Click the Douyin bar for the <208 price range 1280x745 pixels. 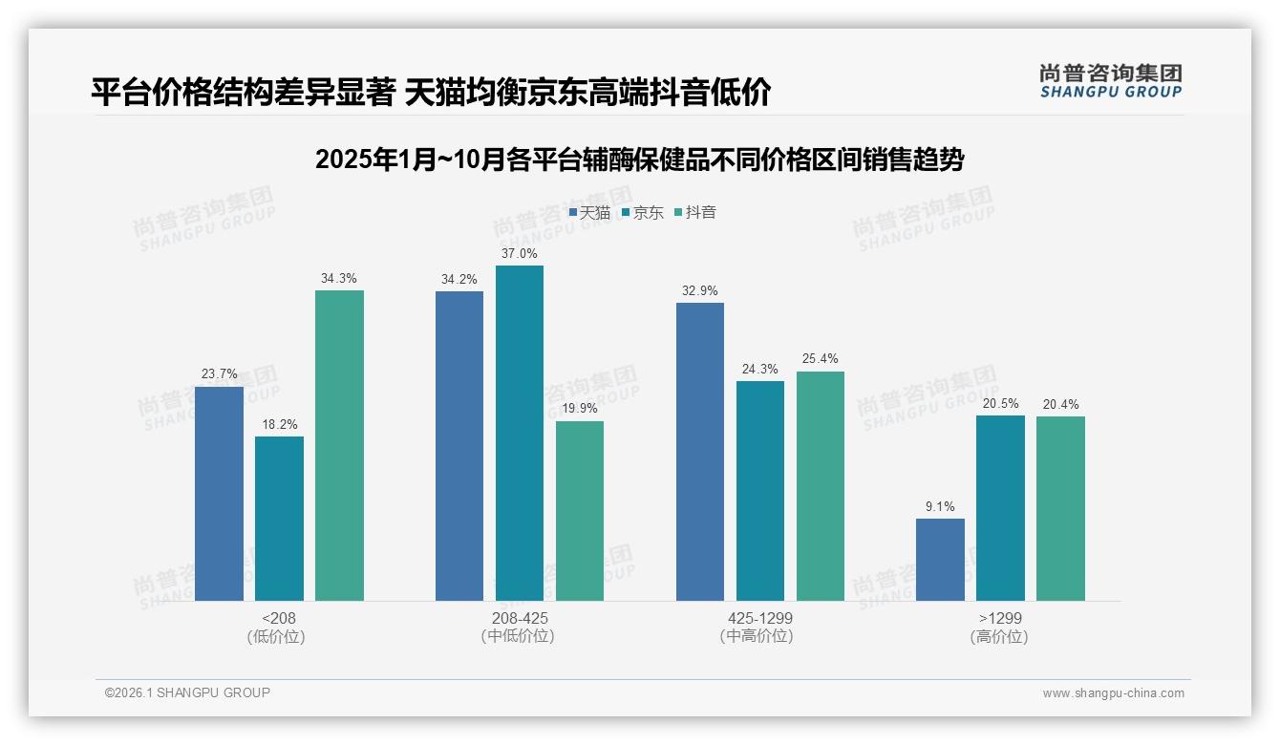339,445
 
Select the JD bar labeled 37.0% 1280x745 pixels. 519,433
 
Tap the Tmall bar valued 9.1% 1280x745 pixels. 940,560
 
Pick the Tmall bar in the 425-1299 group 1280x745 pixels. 699,452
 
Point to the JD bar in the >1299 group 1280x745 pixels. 1000,508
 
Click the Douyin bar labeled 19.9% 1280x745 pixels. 580,511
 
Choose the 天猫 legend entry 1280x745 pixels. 589,212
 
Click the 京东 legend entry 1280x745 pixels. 642,212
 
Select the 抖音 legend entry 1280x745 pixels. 695,212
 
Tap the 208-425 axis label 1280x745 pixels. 520,618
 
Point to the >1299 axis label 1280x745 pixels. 999,618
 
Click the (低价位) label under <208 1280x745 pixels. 276,636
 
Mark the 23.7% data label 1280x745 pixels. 219,373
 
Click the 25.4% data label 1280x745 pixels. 821,359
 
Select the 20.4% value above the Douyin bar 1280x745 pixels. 1060,404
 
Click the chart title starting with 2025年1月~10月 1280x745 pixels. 639,160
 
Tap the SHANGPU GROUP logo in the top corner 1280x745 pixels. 1110,81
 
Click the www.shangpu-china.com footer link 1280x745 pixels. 1113,693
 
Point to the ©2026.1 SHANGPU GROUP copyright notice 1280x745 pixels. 187,692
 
